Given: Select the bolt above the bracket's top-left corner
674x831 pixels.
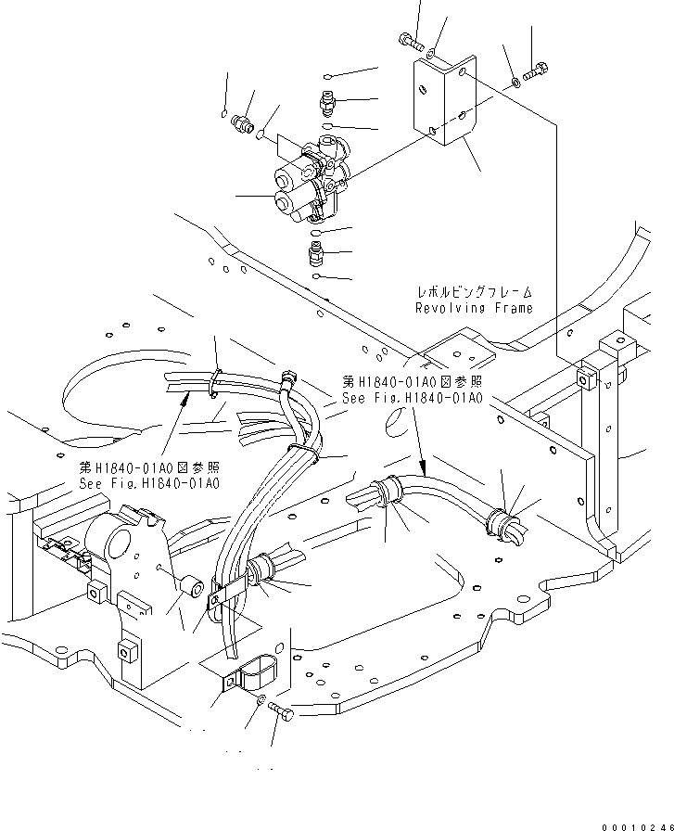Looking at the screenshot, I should pyautogui.click(x=410, y=40).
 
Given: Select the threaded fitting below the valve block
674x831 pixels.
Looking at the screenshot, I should pyautogui.click(x=317, y=251).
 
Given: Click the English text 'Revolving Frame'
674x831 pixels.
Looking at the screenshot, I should pyautogui.click(x=473, y=308).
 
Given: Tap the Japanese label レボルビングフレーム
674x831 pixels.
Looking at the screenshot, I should pyautogui.click(x=473, y=291).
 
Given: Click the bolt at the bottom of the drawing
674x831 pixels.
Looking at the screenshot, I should pyautogui.click(x=282, y=711).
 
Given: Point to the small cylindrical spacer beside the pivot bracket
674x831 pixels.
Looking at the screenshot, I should pyautogui.click(x=193, y=587).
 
